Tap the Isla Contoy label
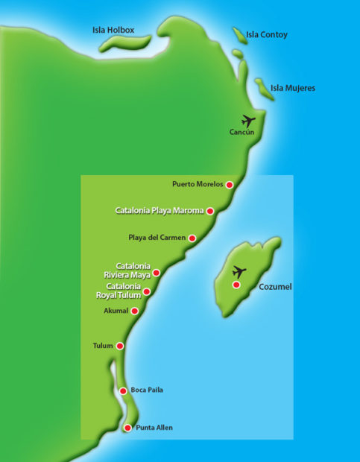click(268, 35)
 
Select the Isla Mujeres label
click(292, 88)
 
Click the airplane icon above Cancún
click(248, 120)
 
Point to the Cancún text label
click(242, 133)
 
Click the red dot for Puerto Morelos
click(230, 184)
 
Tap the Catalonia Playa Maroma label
click(160, 211)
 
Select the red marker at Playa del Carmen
click(192, 238)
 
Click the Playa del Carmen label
click(157, 238)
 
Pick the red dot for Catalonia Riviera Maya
click(157, 273)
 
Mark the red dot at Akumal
click(135, 311)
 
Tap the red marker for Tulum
click(120, 346)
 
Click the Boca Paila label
click(147, 390)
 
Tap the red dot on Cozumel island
click(236, 285)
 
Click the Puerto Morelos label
click(197, 184)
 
